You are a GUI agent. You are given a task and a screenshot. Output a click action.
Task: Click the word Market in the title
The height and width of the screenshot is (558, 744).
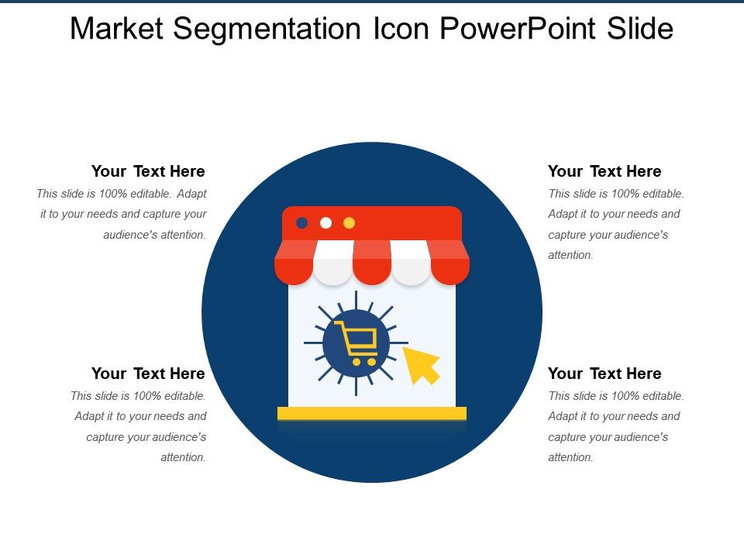116,29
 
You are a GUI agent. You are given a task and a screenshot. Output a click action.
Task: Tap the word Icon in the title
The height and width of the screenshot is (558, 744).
401,29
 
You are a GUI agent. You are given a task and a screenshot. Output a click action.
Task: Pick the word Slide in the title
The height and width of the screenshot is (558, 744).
640,29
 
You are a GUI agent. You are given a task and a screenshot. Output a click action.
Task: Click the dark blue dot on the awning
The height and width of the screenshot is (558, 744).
302,223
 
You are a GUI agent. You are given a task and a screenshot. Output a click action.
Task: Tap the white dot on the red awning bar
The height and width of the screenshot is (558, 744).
325,223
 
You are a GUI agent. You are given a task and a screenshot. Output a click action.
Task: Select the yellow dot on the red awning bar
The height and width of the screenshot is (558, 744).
349,223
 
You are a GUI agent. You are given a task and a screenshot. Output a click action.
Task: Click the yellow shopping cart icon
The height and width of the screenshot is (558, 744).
356,342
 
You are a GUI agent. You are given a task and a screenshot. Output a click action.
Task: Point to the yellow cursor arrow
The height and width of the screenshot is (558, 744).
421,364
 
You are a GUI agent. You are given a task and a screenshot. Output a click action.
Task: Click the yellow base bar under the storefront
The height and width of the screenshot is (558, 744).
372,413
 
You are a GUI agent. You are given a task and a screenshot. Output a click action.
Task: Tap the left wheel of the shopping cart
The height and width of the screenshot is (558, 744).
356,361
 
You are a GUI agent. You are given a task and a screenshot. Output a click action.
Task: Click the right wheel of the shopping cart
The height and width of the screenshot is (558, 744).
371,361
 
